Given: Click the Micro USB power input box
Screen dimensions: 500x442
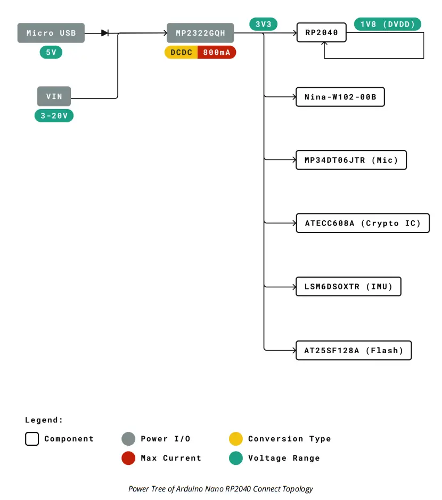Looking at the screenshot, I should pos(51,33).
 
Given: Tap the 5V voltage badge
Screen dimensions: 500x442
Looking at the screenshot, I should pos(51,52).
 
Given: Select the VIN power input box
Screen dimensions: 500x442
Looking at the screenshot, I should pos(54,96).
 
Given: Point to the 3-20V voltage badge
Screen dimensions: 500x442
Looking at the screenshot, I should pos(54,115).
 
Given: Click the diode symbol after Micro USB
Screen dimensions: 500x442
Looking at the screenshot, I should pos(105,33).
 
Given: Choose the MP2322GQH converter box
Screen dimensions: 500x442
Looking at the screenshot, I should pos(200,33).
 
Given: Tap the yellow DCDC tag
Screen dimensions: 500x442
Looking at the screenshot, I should pos(181,52).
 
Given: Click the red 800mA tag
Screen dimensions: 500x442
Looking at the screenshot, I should pos(217,52).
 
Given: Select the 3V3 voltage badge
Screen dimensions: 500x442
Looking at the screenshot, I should pos(264,24).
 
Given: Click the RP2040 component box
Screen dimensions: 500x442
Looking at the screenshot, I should pos(321,33).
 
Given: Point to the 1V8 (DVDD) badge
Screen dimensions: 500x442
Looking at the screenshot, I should pos(388,24).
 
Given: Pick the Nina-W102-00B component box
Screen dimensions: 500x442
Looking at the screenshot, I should pos(340,97).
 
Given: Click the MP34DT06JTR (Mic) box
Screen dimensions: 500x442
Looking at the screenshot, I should pos(351,160).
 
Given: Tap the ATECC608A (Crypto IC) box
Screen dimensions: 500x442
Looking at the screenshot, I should pos(363,223).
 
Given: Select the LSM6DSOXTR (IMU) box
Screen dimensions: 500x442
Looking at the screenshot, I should pos(348,287).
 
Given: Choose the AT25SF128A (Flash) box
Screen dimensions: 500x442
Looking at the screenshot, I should pos(354,351).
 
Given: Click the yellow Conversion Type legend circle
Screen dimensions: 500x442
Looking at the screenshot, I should pos(236,439).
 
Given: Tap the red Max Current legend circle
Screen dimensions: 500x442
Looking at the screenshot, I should pos(128,458).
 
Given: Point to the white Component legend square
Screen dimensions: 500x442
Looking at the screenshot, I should pos(32,439).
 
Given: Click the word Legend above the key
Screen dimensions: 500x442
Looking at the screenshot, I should pos(44,420).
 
